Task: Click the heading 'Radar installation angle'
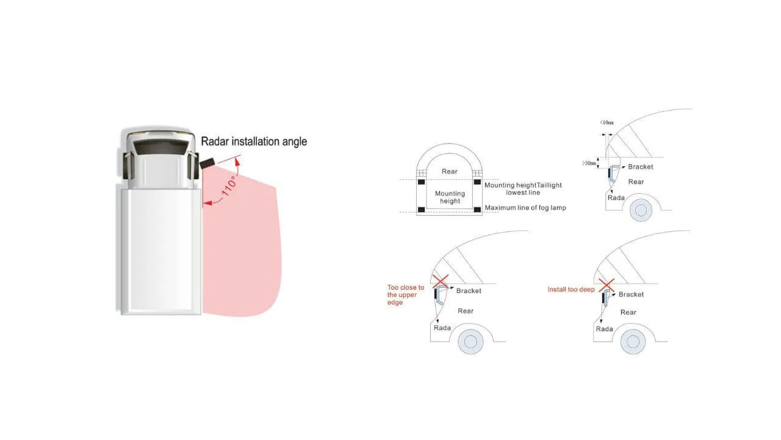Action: point(254,142)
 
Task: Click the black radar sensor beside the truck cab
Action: point(207,162)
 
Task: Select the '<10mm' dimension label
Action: point(607,123)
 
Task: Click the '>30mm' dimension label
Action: point(590,163)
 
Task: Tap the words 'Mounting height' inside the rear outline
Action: point(450,197)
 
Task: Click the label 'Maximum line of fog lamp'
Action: point(525,208)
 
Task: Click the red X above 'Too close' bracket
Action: point(441,280)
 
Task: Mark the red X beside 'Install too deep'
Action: point(605,284)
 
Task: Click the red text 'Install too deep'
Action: point(570,289)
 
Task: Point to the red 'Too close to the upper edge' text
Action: point(405,295)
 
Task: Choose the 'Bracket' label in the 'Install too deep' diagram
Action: point(631,295)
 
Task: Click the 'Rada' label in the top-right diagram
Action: point(616,197)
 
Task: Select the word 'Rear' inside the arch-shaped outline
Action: point(450,172)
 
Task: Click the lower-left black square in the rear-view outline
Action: point(421,210)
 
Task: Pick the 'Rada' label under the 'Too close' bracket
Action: point(442,328)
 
